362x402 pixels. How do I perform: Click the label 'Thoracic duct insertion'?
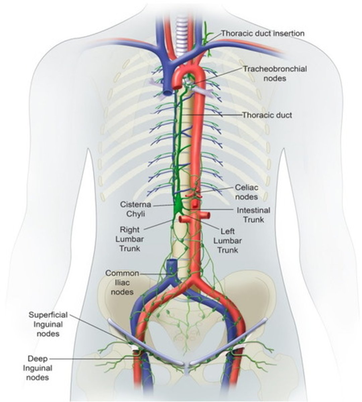pos(262,33)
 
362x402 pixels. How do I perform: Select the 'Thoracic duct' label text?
pos(267,115)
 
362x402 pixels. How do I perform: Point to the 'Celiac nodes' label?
pos(246,192)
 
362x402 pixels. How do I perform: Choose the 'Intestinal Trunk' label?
pos(253,215)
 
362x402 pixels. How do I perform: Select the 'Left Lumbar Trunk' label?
pos(228,241)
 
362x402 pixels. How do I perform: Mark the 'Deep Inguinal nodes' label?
pos(38,368)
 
